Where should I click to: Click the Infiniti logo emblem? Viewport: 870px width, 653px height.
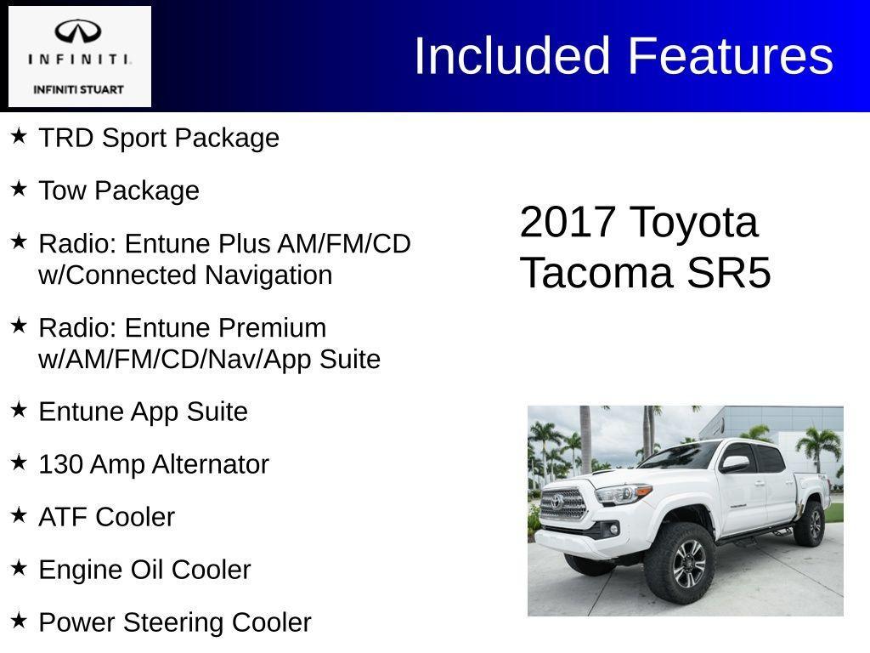pyautogui.click(x=79, y=32)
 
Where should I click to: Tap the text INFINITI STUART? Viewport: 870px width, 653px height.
pyautogui.click(x=78, y=89)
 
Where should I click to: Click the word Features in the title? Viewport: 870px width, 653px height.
pyautogui.click(x=730, y=56)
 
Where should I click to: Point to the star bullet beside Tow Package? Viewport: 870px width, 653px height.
pyautogui.click(x=19, y=189)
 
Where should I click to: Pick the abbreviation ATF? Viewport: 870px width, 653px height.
pyautogui.click(x=63, y=517)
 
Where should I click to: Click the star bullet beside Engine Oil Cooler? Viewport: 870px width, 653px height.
pyautogui.click(x=19, y=568)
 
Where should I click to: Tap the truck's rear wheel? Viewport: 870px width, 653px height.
pyautogui.click(x=811, y=523)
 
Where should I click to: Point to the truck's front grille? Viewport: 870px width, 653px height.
pyautogui.click(x=563, y=503)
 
